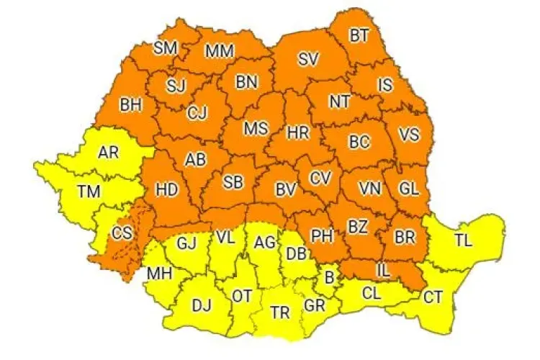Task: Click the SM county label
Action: point(165,48)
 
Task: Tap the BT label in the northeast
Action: point(358,34)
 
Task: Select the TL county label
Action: point(464,240)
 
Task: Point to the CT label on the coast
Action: point(433,296)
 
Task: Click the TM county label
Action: point(90,191)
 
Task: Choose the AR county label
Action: point(108,153)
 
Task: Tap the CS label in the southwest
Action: point(121,233)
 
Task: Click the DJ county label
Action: point(202,305)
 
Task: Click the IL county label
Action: point(383,271)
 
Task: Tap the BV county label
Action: point(286,190)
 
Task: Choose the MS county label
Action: point(255,128)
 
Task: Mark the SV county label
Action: point(308,59)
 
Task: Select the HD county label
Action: point(167,190)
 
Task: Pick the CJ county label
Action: point(197,113)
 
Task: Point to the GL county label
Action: point(408,189)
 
